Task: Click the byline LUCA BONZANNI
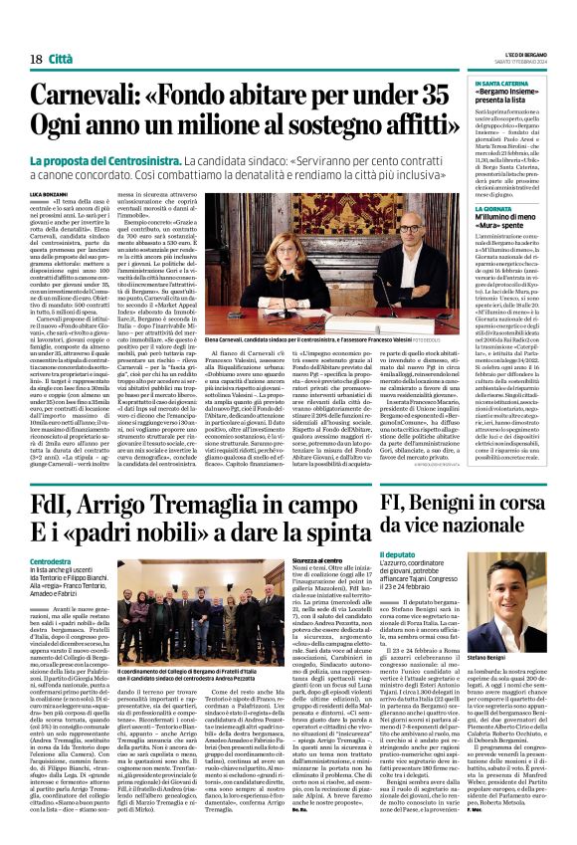click(45, 191)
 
